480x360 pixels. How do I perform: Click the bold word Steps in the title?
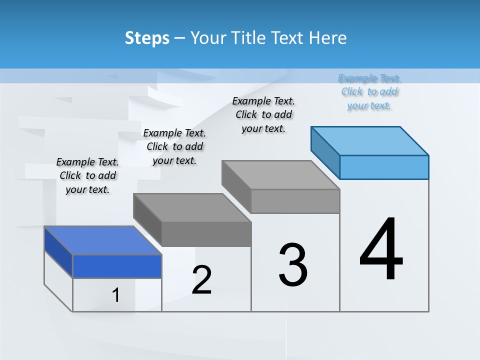[x=147, y=38]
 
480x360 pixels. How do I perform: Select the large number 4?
[x=381, y=250]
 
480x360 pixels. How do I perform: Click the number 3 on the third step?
[x=293, y=265]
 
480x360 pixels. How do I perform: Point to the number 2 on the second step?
[x=201, y=280]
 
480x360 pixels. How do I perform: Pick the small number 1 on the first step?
[x=116, y=295]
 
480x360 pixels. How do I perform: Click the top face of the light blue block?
[x=370, y=140]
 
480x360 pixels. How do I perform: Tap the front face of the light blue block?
[x=384, y=167]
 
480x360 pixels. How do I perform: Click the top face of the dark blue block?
[x=103, y=240]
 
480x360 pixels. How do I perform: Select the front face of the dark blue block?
[x=117, y=266]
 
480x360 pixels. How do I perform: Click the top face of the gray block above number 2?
[x=192, y=207]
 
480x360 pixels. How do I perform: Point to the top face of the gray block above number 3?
[x=281, y=174]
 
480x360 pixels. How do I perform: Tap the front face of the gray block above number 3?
[x=295, y=201]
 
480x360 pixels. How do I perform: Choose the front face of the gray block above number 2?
[x=206, y=234]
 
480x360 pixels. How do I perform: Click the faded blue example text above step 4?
[x=369, y=92]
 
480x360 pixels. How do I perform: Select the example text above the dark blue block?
[x=87, y=176]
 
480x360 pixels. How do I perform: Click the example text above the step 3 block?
[x=263, y=115]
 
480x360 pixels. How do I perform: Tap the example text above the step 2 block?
[x=174, y=147]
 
